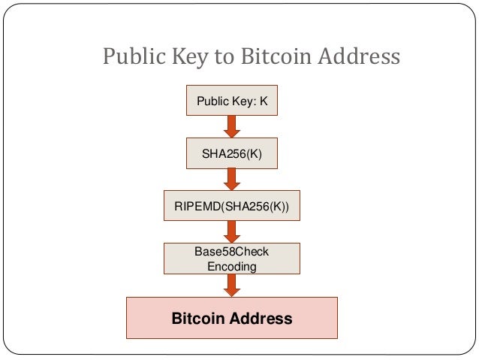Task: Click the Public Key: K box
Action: pos(232,101)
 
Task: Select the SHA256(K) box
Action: pos(232,153)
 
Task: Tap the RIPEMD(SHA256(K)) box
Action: pos(232,205)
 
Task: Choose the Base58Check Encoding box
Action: pos(232,259)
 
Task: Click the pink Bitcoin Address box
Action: pos(232,318)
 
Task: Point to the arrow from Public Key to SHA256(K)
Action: pos(232,127)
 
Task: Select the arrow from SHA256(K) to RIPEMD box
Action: pos(232,179)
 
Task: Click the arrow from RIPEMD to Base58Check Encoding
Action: pos(232,231)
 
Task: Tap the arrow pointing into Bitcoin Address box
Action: pos(232,286)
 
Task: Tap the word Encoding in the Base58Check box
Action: pos(232,266)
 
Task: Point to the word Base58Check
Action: pos(232,252)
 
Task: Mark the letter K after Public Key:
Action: pos(264,101)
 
